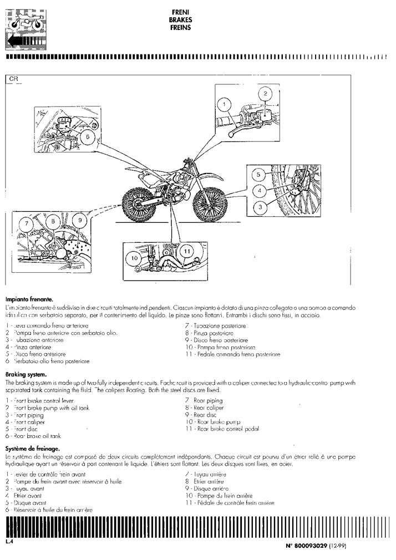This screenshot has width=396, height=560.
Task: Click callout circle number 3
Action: tap(257, 206)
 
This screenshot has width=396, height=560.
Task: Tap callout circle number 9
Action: tap(79, 220)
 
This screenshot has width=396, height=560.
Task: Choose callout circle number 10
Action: tap(134, 258)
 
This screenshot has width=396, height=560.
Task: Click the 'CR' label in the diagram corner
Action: tap(14, 79)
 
